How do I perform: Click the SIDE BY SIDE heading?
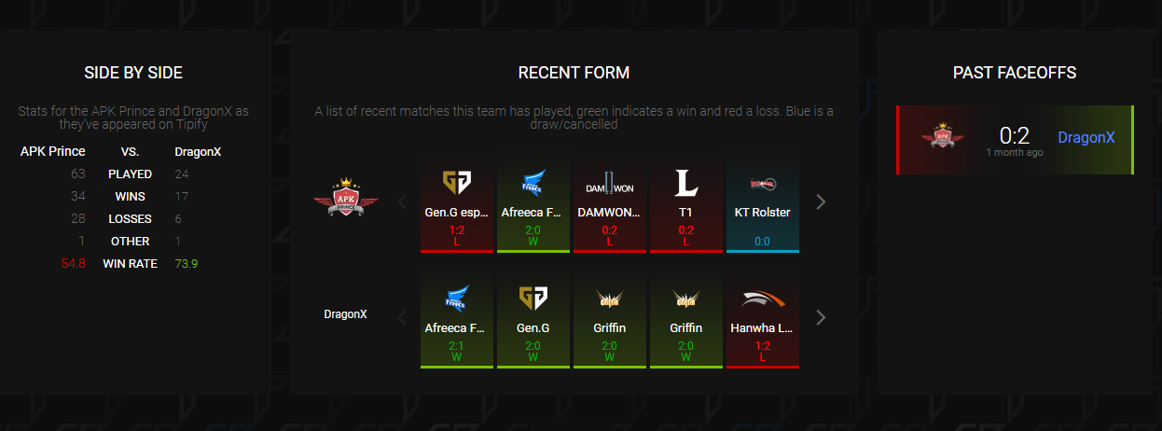coord(133,73)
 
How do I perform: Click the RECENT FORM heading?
coord(574,73)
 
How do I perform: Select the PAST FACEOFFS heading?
coord(1015,73)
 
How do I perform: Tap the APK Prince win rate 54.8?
coord(73,263)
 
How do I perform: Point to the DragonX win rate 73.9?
coord(186,263)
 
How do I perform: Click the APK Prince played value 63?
coord(77,174)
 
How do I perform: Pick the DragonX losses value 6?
coord(177,218)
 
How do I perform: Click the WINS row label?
coord(130,196)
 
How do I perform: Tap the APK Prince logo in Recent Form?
coord(346,198)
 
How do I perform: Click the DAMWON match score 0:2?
coord(610,230)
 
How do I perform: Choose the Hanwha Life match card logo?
coord(763,299)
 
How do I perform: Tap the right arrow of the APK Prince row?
coord(821,202)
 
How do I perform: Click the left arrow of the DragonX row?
coord(403,317)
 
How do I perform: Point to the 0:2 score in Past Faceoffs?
coord(1014,136)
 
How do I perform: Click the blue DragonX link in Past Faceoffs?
coord(1086,137)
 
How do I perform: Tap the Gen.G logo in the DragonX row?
coord(533,299)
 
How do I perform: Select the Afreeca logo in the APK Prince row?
coord(533,184)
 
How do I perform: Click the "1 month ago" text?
coord(1015,152)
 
